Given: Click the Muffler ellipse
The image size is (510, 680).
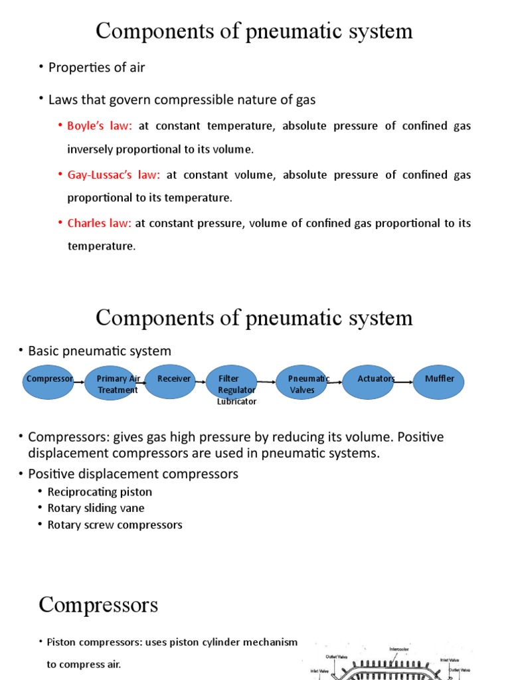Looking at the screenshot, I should click(x=439, y=382).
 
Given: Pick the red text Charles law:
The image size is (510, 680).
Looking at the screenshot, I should click(x=99, y=223).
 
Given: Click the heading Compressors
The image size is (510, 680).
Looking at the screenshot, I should click(x=98, y=605).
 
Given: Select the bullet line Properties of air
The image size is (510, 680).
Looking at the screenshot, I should click(x=96, y=67).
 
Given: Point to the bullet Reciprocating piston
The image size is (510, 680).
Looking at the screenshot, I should click(x=100, y=492).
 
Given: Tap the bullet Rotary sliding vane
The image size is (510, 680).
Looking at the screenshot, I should click(x=96, y=508).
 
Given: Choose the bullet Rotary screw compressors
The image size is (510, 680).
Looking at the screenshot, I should click(x=114, y=525).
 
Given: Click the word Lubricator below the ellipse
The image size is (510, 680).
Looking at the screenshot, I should click(x=236, y=401).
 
